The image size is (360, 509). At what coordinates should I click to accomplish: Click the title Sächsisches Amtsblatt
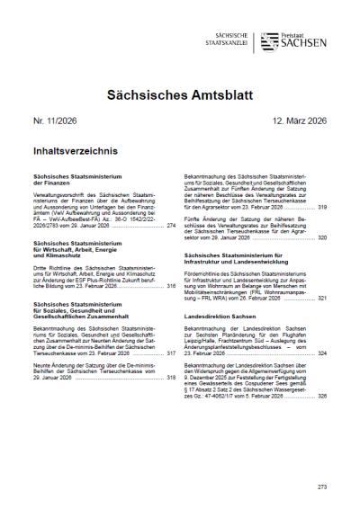(x=180, y=92)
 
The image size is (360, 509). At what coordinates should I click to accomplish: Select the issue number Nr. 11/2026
(x=57, y=121)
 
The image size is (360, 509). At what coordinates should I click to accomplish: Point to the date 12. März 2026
(x=294, y=121)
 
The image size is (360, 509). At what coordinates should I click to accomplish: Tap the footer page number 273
(x=321, y=487)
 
